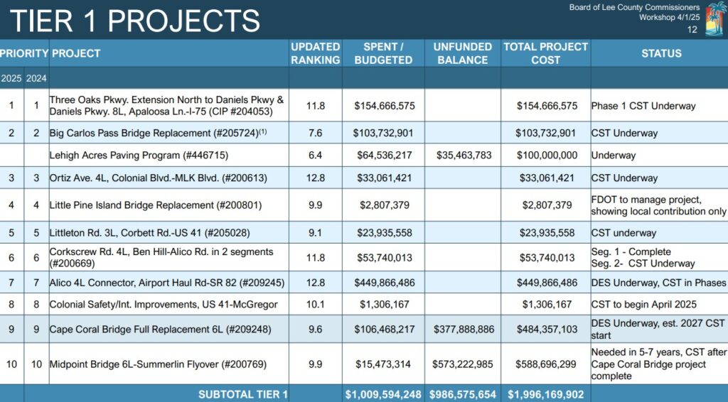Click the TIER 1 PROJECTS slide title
pyautogui.click(x=135, y=20)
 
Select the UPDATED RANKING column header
pyautogui.click(x=315, y=53)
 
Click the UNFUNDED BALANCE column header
pyautogui.click(x=462, y=53)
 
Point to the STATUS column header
pyautogui.click(x=661, y=53)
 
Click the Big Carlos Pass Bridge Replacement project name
pyautogui.click(x=153, y=133)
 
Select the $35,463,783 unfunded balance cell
pyautogui.click(x=462, y=155)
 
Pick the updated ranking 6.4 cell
pyautogui.click(x=315, y=155)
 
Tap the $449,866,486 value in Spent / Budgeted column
pyautogui.click(x=384, y=283)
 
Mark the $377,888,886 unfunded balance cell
pyautogui.click(x=462, y=330)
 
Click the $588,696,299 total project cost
pyautogui.click(x=545, y=364)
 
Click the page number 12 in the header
pyautogui.click(x=692, y=30)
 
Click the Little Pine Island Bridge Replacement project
pyautogui.click(x=156, y=205)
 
